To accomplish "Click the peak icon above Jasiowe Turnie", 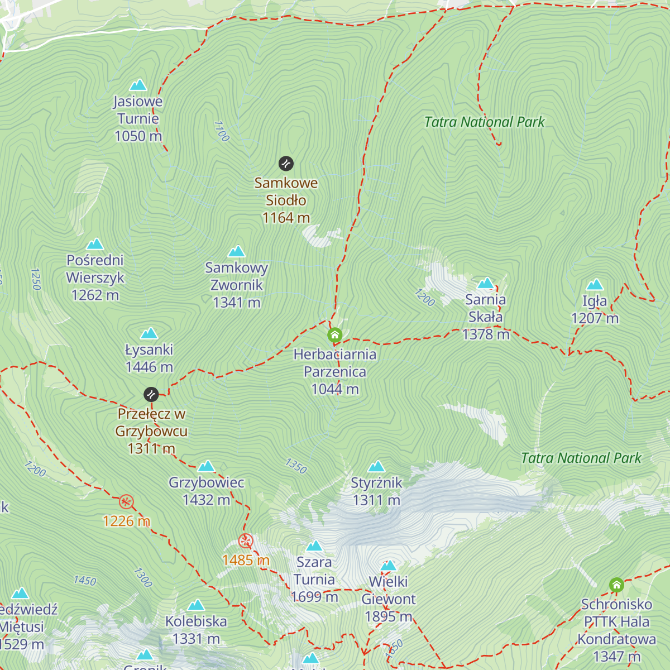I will [138, 85].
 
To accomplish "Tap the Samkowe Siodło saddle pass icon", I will [286, 164].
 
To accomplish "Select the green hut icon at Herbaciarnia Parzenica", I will [334, 336].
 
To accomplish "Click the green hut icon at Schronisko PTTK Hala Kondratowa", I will [616, 585].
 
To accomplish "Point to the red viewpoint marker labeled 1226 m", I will [127, 502].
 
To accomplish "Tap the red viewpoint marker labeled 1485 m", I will [246, 541].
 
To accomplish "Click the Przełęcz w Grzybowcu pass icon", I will [151, 395].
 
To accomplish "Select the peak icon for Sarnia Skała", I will [486, 283].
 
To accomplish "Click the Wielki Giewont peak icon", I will [388, 566].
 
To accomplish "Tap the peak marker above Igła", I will [595, 285].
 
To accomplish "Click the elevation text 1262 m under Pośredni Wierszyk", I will [95, 295].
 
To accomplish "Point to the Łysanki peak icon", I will [149, 333].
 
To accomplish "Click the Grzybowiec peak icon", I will [207, 466].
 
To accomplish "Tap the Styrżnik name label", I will [376, 483].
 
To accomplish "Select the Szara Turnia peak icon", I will [314, 545].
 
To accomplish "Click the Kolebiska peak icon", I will [196, 605].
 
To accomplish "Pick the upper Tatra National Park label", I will [484, 122].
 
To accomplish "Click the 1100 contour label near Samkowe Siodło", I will [222, 131].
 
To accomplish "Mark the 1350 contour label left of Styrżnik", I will [296, 466].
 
